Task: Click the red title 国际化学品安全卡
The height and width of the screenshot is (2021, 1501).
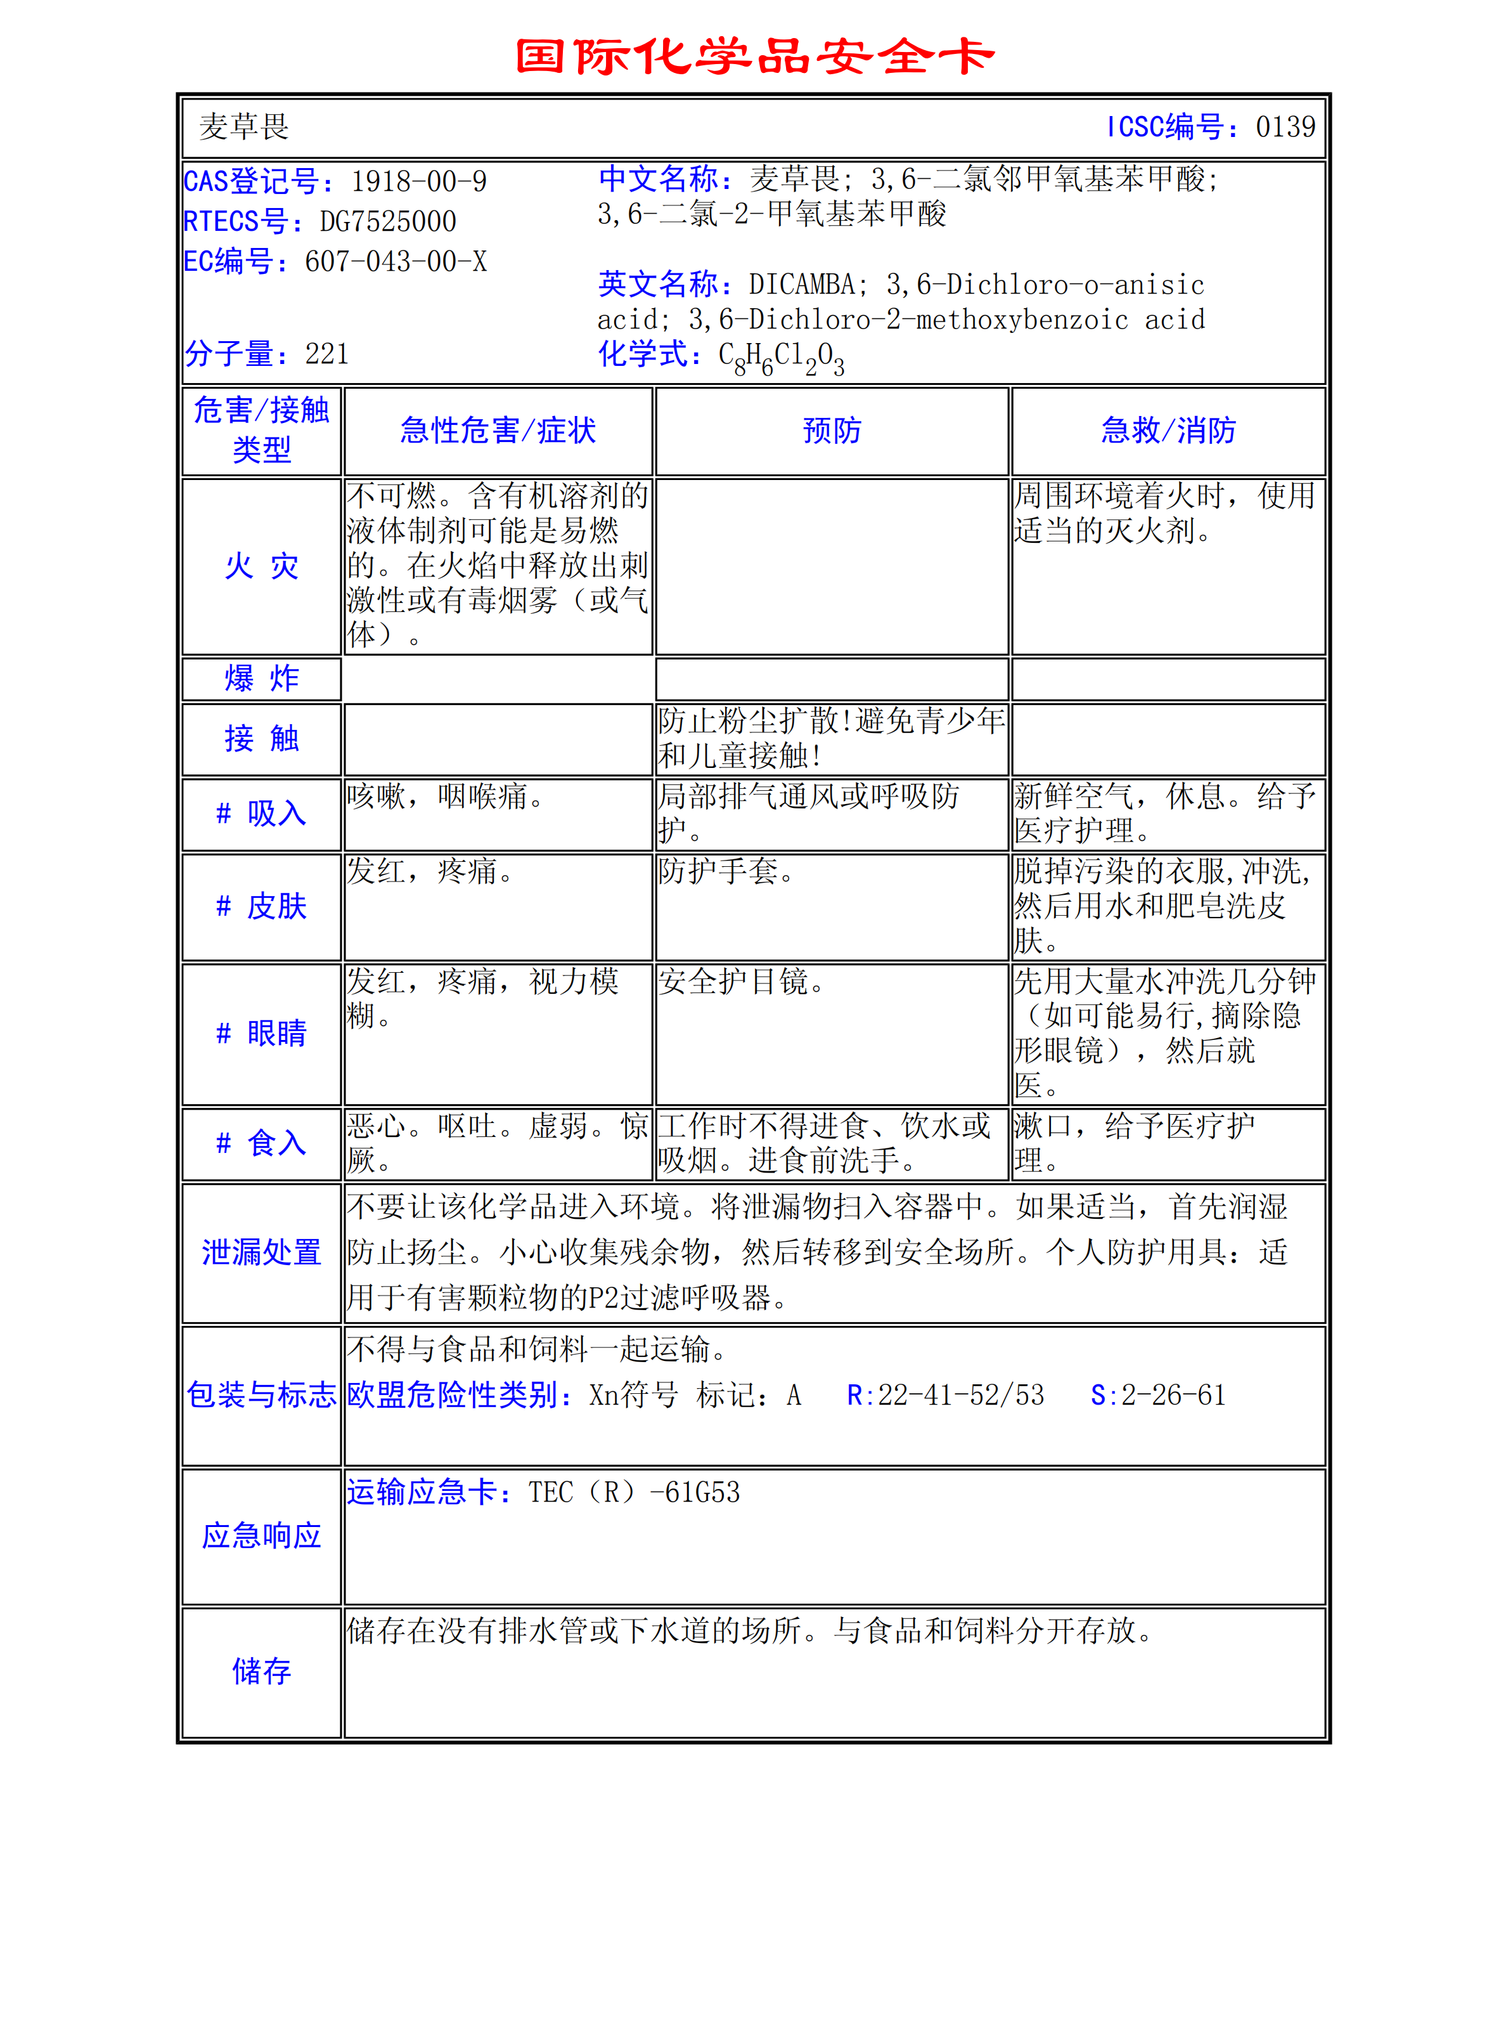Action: [x=754, y=56]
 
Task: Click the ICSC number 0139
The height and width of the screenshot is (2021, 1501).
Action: [x=1285, y=127]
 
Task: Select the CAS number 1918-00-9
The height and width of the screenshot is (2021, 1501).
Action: [x=419, y=182]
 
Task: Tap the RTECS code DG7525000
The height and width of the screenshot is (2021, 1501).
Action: [x=388, y=222]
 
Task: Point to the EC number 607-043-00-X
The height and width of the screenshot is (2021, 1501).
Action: [x=396, y=262]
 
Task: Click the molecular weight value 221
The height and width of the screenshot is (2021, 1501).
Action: [x=327, y=353]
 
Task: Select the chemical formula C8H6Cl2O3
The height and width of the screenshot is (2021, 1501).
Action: [x=782, y=356]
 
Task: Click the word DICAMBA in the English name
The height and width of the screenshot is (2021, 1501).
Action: [x=801, y=285]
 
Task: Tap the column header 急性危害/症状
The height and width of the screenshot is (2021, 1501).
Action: [x=498, y=431]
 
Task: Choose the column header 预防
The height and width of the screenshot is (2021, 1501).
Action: [x=832, y=431]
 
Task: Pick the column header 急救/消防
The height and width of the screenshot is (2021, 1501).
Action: [x=1168, y=431]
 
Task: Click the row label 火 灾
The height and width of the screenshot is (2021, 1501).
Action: [x=262, y=566]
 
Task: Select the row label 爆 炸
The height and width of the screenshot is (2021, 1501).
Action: [x=262, y=679]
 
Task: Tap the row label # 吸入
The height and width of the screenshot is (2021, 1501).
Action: [x=262, y=814]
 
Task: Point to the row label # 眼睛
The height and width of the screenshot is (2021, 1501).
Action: [x=262, y=1033]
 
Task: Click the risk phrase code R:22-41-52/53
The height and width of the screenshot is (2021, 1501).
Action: [x=946, y=1395]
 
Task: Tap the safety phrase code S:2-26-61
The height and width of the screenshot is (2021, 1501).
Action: [x=1159, y=1395]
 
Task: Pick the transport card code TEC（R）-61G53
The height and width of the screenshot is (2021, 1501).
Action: [x=635, y=1492]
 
